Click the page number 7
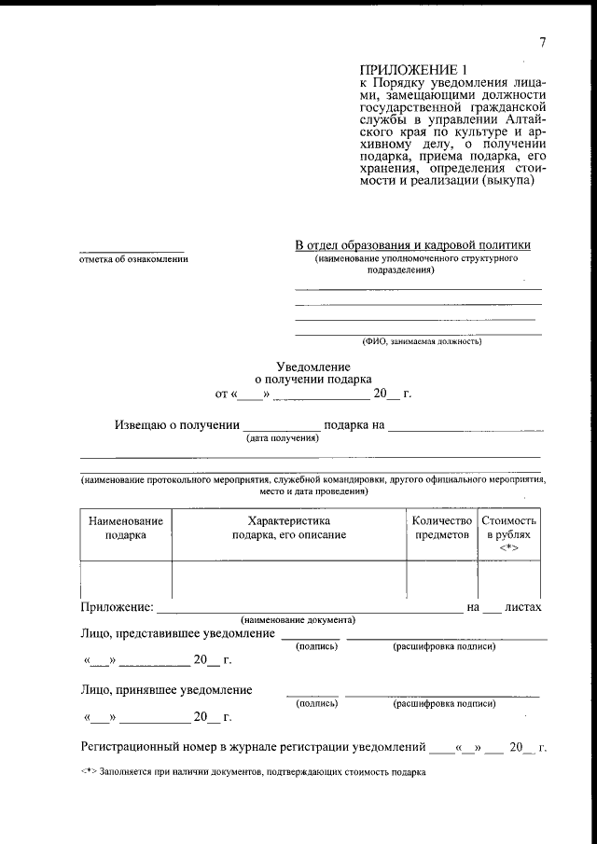(x=542, y=42)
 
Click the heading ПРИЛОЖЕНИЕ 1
(x=411, y=70)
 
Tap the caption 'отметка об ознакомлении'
(x=132, y=259)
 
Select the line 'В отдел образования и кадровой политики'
(x=412, y=244)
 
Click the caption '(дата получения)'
(x=282, y=438)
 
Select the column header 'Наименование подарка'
(x=126, y=528)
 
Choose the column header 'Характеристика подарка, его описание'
(x=289, y=528)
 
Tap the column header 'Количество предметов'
(x=442, y=528)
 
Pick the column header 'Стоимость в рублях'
(x=508, y=530)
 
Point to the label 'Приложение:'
(x=117, y=607)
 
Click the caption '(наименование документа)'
(x=297, y=620)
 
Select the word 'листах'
(x=522, y=607)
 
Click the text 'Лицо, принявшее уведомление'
(x=166, y=690)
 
